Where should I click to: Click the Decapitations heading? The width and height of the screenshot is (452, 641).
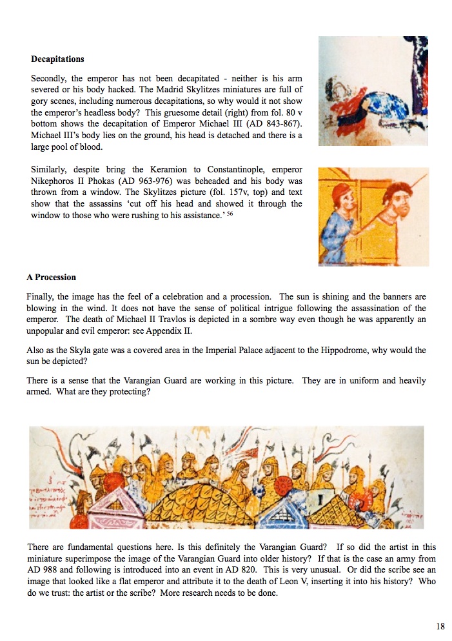57,59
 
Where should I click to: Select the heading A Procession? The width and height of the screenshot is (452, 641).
51,278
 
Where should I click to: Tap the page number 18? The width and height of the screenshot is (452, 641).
440,626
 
